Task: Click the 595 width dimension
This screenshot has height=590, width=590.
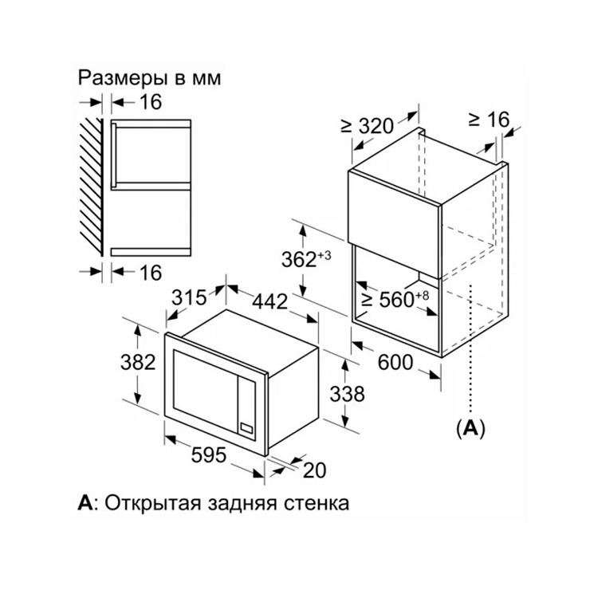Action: pyautogui.click(x=209, y=454)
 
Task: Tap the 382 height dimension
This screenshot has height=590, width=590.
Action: pyautogui.click(x=138, y=362)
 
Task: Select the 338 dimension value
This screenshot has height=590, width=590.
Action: pyautogui.click(x=348, y=394)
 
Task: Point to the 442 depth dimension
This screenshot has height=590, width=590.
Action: pyautogui.click(x=269, y=301)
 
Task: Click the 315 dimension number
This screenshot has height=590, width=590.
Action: pyautogui.click(x=189, y=297)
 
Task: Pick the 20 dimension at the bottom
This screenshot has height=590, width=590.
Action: pyautogui.click(x=314, y=470)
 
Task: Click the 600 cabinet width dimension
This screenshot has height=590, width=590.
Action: pyautogui.click(x=395, y=362)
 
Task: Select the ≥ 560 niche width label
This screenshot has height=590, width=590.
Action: pyautogui.click(x=395, y=299)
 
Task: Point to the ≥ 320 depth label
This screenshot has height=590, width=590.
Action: pyautogui.click(x=367, y=125)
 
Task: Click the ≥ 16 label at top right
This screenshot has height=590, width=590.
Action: pyautogui.click(x=489, y=120)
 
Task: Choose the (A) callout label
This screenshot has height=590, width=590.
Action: pyautogui.click(x=470, y=428)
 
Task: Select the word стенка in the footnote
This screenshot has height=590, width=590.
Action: pyautogui.click(x=316, y=504)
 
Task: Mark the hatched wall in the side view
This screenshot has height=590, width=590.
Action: pyautogui.click(x=92, y=187)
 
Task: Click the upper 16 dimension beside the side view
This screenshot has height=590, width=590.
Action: pyautogui.click(x=151, y=101)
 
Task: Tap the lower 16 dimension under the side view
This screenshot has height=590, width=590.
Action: pyautogui.click(x=151, y=273)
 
